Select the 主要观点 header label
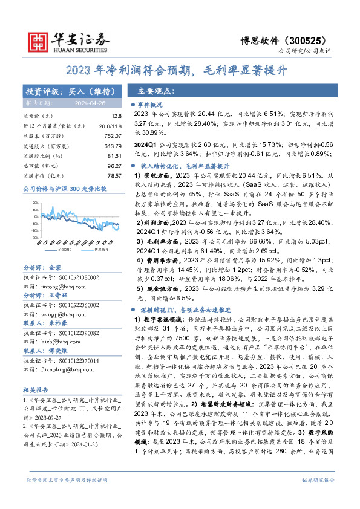156,91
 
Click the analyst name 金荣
55,267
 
